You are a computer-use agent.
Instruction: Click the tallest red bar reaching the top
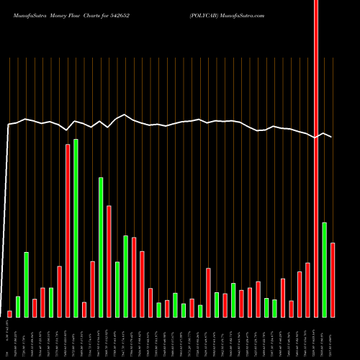[316, 158]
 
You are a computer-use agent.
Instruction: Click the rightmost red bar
[333, 280]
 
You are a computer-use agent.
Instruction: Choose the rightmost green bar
[324, 270]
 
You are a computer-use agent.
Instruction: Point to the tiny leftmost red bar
[10, 314]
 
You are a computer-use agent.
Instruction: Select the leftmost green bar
[18, 307]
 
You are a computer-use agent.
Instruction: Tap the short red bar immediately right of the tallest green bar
[84, 310]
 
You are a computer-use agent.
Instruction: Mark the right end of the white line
[332, 137]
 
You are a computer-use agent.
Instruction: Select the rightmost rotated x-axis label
[333, 338]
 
